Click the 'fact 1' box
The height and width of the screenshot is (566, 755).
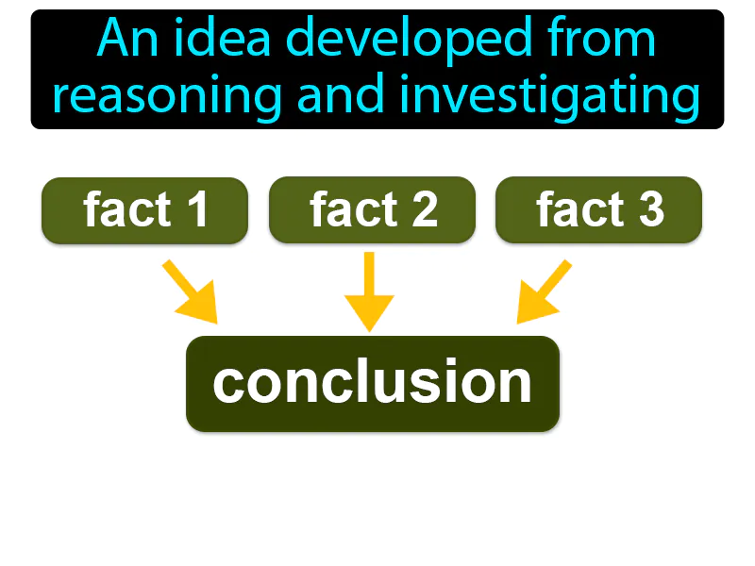pos(144,209)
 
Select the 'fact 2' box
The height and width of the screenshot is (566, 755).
pos(372,209)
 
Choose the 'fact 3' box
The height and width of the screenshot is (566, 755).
pos(598,209)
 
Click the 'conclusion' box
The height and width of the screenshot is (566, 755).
pos(372,383)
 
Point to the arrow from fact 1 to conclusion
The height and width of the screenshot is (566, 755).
pos(192,292)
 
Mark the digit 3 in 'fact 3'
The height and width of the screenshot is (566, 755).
pos(649,209)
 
